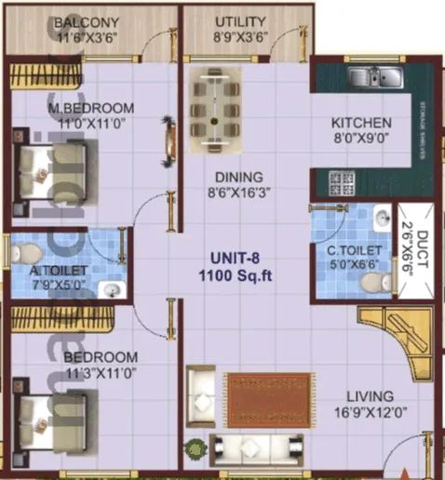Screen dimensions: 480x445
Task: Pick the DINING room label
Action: [x=238, y=177]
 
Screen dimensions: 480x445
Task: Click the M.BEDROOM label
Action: [x=91, y=107]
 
